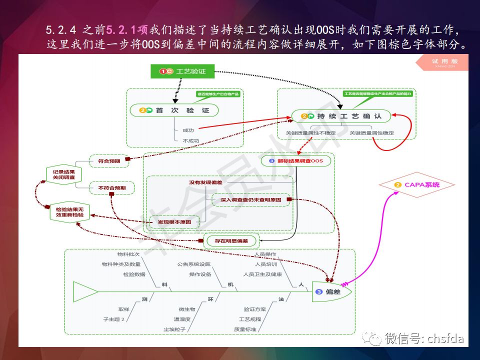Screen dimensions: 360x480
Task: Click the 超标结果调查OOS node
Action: click(297, 161)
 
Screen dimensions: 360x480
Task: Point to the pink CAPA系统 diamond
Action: click(417, 185)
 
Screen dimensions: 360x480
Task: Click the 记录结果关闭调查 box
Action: click(60, 174)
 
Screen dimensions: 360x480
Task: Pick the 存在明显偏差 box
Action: click(231, 240)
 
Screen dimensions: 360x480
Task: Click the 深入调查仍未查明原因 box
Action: click(250, 200)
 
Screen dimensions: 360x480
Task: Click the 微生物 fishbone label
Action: click(186, 309)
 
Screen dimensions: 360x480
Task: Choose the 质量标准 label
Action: click(245, 329)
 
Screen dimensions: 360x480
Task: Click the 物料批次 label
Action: click(128, 254)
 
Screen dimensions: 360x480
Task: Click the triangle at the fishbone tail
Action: click(85, 290)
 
